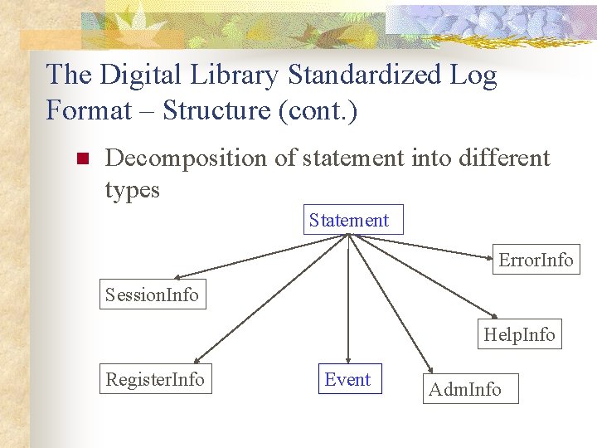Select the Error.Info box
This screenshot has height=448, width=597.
[x=536, y=260]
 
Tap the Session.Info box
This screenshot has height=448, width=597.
[x=152, y=295]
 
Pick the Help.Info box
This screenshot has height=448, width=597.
[x=520, y=334]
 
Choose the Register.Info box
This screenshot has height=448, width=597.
[x=155, y=379]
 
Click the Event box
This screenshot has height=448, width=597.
[x=348, y=379]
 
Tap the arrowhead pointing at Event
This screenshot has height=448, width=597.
[x=348, y=359]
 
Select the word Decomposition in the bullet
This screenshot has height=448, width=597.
[x=187, y=157]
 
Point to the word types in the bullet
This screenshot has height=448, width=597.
[x=132, y=190]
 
